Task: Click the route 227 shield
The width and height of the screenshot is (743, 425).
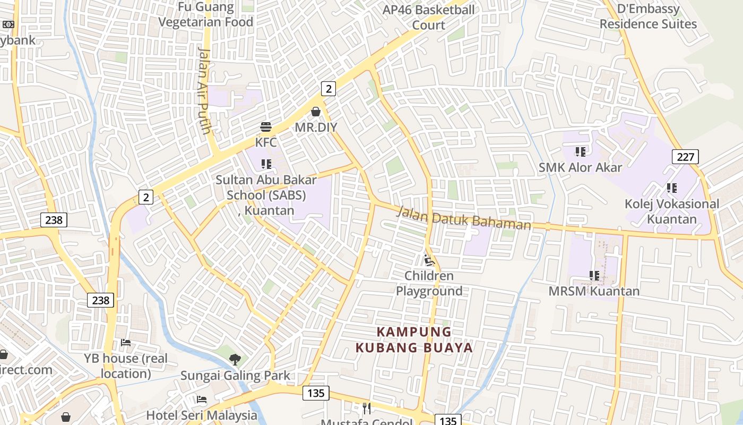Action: pos(685,157)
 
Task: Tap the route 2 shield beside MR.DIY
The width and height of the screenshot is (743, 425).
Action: pos(329,89)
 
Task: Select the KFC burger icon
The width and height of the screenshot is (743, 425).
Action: pos(266,127)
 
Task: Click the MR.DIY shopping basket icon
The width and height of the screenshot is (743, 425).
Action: pos(316,112)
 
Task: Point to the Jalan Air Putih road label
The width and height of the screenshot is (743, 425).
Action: pos(205,90)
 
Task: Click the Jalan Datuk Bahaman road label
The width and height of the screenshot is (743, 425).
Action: pos(464,218)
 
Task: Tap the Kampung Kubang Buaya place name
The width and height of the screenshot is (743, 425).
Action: pos(414,340)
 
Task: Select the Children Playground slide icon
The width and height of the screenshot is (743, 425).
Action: pos(429,260)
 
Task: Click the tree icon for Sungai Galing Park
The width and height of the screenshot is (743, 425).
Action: pos(235,360)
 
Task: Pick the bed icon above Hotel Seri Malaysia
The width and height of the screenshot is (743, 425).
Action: pos(201,399)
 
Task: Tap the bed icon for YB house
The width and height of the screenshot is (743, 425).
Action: pos(126,343)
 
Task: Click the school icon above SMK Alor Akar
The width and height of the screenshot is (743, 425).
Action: pos(580,152)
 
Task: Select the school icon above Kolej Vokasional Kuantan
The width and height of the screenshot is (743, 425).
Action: pos(671,188)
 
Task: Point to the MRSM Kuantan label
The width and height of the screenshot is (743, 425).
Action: pos(594,291)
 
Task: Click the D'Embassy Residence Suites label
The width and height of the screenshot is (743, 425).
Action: pos(648,16)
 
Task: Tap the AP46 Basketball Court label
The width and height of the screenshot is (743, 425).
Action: pos(428,17)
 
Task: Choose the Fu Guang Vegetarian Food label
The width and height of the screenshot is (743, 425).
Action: pos(206,15)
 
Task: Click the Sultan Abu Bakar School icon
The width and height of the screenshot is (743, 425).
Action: pos(266,164)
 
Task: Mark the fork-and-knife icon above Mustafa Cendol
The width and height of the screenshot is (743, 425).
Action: pos(366,408)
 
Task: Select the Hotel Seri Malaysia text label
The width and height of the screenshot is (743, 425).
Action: pos(201,415)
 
